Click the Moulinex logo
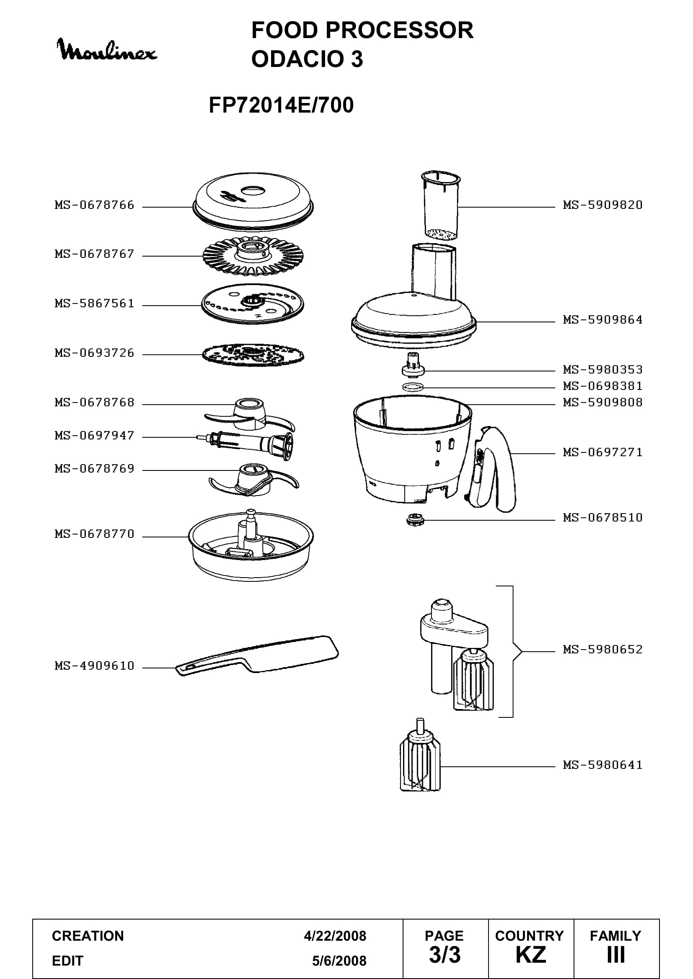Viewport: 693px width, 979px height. pyautogui.click(x=107, y=50)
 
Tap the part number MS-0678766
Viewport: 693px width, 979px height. pyautogui.click(x=94, y=205)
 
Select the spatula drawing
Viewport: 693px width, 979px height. pyautogui.click(x=257, y=656)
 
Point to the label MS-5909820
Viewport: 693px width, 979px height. pyautogui.click(x=602, y=205)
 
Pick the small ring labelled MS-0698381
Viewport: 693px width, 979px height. pyautogui.click(x=413, y=387)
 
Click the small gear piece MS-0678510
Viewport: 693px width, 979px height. pyautogui.click(x=414, y=520)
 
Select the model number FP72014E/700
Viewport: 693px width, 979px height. pyautogui.click(x=281, y=105)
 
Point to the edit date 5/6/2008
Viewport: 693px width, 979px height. pyautogui.click(x=339, y=961)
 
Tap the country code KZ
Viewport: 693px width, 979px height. pyautogui.click(x=530, y=955)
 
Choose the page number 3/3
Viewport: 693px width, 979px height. pyautogui.click(x=445, y=955)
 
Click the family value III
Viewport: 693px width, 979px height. pyautogui.click(x=616, y=955)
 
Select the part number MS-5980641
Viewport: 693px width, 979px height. pyautogui.click(x=602, y=765)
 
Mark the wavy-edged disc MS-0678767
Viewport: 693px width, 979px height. pyautogui.click(x=253, y=256)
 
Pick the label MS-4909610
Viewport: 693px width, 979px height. pyautogui.click(x=94, y=666)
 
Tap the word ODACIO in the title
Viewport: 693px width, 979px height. pyautogui.click(x=298, y=59)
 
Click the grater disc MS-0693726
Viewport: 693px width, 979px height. pyautogui.click(x=253, y=355)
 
